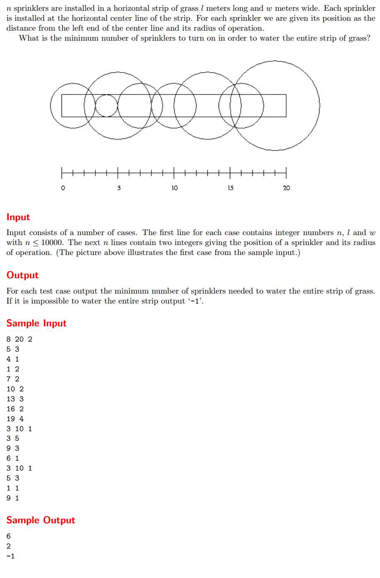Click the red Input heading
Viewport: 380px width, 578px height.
point(18,217)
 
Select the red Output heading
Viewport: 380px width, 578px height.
point(22,275)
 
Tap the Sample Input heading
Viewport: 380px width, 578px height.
point(37,323)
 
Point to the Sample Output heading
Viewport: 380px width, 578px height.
point(41,520)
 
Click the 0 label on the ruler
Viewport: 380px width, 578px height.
point(63,188)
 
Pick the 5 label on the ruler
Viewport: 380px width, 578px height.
point(119,188)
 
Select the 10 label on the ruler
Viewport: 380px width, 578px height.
point(175,188)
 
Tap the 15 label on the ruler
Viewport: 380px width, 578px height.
point(230,188)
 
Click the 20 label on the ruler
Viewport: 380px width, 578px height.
point(286,188)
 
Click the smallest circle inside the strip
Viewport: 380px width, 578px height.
point(107,106)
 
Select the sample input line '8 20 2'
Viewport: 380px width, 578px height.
point(19,339)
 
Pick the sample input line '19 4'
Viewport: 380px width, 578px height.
point(15,419)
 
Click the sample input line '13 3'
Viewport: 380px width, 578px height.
point(15,399)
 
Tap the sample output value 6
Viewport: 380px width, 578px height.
point(9,537)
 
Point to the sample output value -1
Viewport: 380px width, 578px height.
point(11,556)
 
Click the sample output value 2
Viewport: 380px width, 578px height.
point(9,546)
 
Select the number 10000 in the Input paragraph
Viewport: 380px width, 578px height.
point(52,243)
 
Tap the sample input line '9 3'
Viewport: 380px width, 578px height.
point(13,449)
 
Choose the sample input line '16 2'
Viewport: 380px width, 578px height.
point(15,409)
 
